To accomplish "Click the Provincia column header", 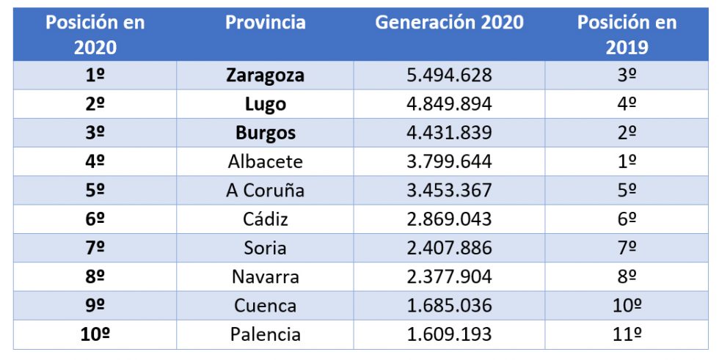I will click(x=265, y=23).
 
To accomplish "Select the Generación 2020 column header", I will click(x=449, y=23).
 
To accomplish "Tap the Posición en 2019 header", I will click(x=627, y=34).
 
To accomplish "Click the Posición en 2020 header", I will click(x=95, y=34).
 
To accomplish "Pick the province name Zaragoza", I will click(x=265, y=76).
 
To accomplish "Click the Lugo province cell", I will click(x=265, y=104).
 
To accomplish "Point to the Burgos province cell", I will click(x=265, y=133).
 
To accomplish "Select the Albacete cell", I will click(x=265, y=161).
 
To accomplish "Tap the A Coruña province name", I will click(x=265, y=190).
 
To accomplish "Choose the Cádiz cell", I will click(x=265, y=219).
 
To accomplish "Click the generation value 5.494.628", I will click(x=449, y=76).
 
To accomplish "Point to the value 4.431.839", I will click(x=449, y=133).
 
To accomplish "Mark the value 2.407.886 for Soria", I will click(x=449, y=248).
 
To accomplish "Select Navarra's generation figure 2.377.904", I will click(x=449, y=277).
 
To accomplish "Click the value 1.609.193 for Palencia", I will click(x=449, y=335).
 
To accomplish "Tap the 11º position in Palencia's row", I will click(x=627, y=335).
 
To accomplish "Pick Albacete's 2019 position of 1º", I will click(x=627, y=161).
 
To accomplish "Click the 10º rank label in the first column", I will click(x=95, y=335).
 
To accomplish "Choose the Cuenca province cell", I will click(x=265, y=306).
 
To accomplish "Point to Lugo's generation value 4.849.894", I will click(x=449, y=104).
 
